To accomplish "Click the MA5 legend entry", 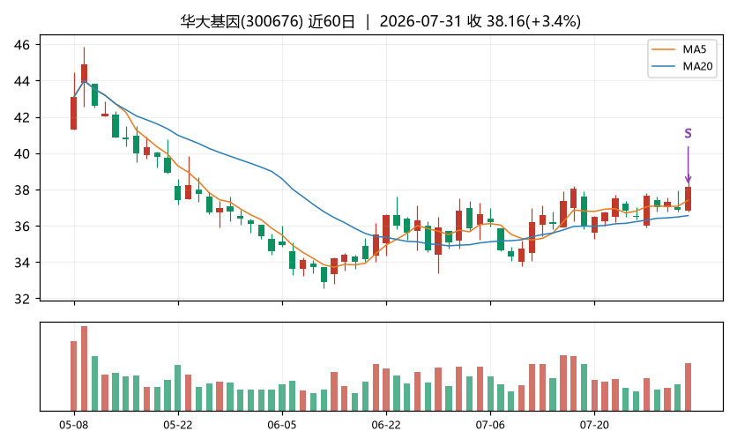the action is coord(681,49).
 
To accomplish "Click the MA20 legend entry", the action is coord(682,66).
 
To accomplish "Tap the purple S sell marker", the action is coord(688,133).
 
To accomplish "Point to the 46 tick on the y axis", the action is coord(22,45).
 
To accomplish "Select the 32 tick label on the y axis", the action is coord(22,299).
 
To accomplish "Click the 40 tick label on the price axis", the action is coord(22,153).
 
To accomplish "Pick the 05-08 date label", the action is coord(74,426).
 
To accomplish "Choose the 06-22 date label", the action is coord(386,426).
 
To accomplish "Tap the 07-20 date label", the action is coord(594,426).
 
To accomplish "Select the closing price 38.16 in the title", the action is coord(505,22).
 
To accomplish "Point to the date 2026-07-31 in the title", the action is coord(421,22).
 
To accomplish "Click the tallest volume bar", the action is coord(84,368).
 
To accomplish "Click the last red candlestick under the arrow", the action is coord(689,199).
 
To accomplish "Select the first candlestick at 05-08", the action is coord(74,113).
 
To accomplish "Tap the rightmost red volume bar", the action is coord(689,387).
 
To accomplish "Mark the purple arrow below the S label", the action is coord(689,165).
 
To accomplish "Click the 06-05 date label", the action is coord(282,426).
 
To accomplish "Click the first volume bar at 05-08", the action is coord(74,376).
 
